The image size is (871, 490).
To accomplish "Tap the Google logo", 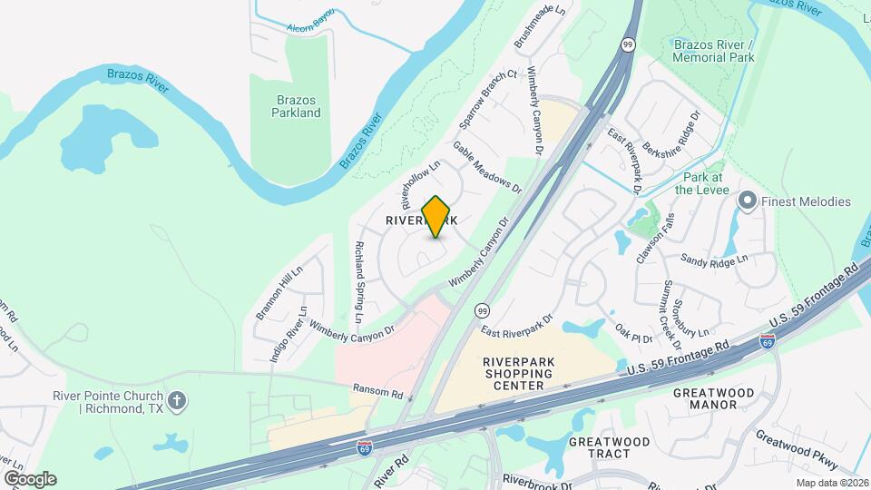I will pyautogui.click(x=30, y=479).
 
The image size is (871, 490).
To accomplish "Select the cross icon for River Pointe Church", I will pyautogui.click(x=178, y=399).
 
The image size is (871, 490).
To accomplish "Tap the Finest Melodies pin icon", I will pyautogui.click(x=748, y=201).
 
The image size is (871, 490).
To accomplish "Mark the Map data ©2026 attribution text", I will pyautogui.click(x=829, y=483).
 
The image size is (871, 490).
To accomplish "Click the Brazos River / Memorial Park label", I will pyautogui.click(x=714, y=50).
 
